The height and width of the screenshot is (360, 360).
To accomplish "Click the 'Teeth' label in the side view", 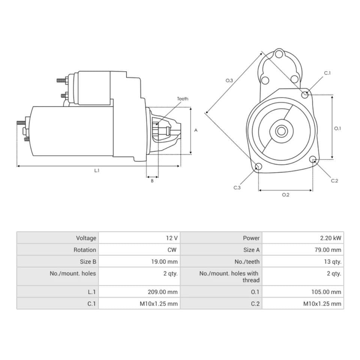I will click(183, 99).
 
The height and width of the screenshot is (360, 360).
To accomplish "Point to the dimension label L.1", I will click(97, 171).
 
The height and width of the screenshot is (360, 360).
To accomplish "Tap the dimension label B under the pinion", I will click(152, 181).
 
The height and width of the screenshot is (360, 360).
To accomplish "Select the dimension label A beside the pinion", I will click(196, 130).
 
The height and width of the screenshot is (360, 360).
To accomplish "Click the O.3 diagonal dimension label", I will click(229, 80).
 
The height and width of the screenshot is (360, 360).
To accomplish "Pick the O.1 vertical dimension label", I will click(337, 128).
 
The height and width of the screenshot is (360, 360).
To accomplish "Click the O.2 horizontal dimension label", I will click(285, 195).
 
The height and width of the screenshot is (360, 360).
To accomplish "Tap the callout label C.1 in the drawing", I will click(327, 73).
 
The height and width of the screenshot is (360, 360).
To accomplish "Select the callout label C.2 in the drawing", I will click(334, 181).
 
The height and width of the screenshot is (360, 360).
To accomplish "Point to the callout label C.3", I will click(237, 187).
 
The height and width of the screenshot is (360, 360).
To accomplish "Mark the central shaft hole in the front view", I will click(281, 131).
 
